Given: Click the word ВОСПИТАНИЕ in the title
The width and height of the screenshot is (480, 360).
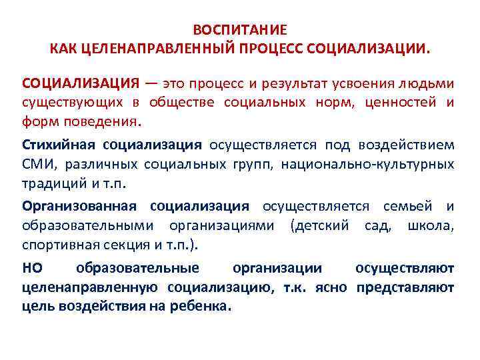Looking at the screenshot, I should [240, 30].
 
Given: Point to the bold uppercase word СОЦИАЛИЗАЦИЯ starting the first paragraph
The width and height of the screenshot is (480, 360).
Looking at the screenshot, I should [81, 84].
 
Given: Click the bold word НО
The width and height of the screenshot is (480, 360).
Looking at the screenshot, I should [32, 268].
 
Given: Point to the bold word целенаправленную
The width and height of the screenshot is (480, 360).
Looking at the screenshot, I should [90, 287].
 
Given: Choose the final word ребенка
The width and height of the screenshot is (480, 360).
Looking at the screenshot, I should [203, 307].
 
